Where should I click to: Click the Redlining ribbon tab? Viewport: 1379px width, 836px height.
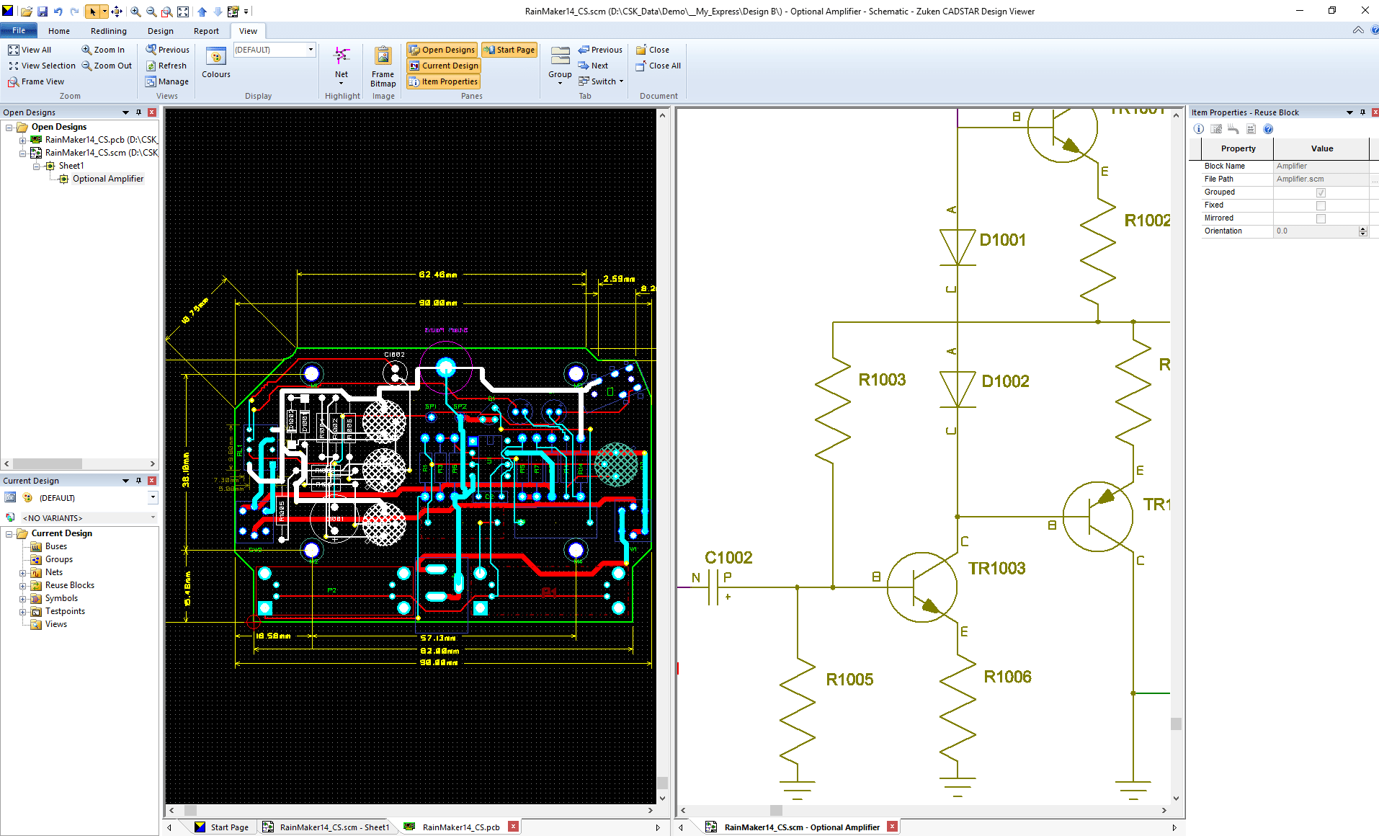(x=108, y=31)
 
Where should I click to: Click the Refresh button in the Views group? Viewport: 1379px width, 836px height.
(x=166, y=66)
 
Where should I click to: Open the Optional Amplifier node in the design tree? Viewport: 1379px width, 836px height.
(x=107, y=179)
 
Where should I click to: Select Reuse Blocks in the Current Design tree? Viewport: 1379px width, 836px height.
(x=69, y=585)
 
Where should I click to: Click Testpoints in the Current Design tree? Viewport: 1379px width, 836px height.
(x=65, y=611)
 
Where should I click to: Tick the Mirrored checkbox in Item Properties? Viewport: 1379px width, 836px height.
(x=1320, y=218)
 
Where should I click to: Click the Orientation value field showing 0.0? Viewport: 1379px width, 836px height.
(x=1315, y=231)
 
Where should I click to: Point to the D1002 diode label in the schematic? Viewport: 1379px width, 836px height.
(x=1005, y=381)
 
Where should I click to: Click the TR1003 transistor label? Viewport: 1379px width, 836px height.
(x=996, y=569)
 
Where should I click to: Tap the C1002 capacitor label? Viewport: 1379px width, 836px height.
(x=728, y=558)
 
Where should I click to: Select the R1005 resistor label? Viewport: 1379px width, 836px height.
(x=849, y=680)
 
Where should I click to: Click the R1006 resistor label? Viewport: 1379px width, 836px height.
(x=1007, y=677)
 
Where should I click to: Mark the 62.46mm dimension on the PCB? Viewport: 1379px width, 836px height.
(x=437, y=275)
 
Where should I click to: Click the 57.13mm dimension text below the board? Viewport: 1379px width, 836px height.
(x=437, y=638)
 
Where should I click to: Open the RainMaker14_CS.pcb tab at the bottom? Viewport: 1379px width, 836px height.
(x=460, y=827)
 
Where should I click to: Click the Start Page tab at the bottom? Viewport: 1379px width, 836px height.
(x=229, y=827)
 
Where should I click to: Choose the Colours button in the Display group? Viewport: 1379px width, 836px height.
(x=216, y=63)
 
